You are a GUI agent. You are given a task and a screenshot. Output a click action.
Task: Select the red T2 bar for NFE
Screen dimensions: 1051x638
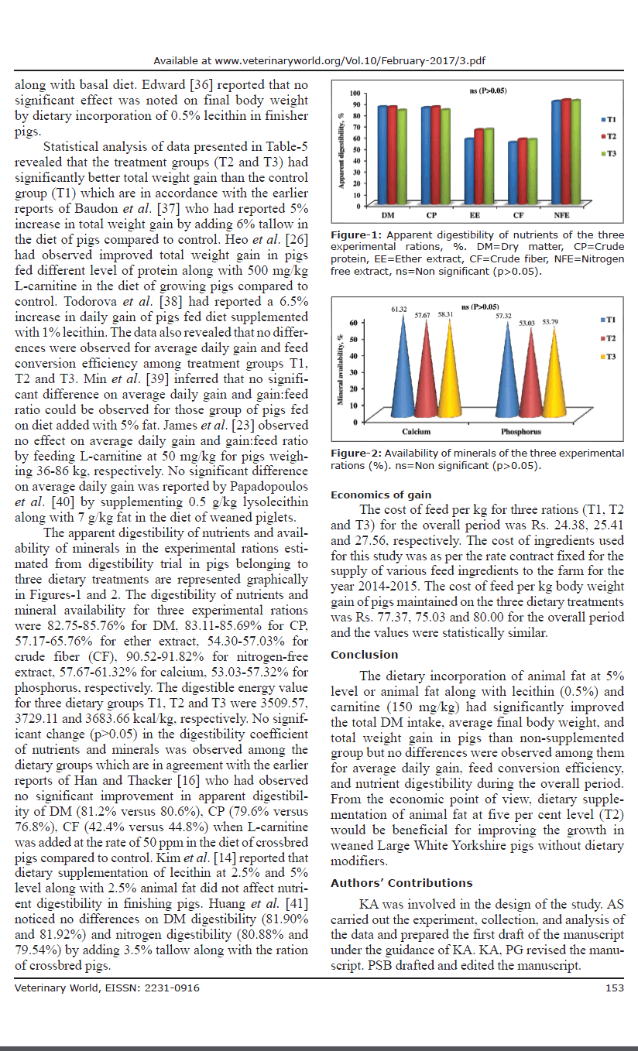pos(566,152)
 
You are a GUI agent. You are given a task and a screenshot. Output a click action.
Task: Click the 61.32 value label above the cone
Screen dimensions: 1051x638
pos(399,310)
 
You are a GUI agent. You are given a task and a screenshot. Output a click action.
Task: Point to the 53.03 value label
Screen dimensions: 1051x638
pos(527,322)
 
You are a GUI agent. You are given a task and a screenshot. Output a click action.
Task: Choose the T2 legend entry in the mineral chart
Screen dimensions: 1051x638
pos(608,338)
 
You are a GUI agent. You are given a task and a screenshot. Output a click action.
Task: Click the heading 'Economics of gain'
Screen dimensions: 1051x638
pos(381,495)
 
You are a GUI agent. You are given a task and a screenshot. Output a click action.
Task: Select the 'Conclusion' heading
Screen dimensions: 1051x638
pos(364,655)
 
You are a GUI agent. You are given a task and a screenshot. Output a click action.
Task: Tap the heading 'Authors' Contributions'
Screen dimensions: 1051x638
pos(401,883)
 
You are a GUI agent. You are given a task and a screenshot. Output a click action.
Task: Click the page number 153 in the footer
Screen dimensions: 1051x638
pos(615,988)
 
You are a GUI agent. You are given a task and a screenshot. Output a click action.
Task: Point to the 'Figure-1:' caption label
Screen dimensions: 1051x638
pos(355,235)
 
